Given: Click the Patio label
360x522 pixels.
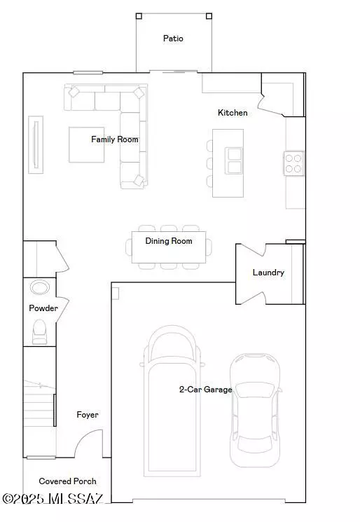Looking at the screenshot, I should pyautogui.click(x=173, y=39).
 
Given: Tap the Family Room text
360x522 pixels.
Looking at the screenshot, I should pyautogui.click(x=115, y=139).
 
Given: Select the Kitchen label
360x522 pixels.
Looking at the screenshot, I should pyautogui.click(x=233, y=113).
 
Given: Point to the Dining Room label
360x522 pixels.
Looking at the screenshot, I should pyautogui.click(x=168, y=241).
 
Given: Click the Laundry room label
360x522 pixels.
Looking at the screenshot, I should pyautogui.click(x=268, y=273).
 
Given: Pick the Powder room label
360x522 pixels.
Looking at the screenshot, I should pyautogui.click(x=43, y=308).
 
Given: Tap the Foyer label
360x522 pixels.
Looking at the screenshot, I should pyautogui.click(x=88, y=415).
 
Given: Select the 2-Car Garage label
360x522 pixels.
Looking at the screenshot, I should pyautogui.click(x=205, y=390).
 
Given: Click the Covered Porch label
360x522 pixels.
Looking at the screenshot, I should pyautogui.click(x=67, y=481).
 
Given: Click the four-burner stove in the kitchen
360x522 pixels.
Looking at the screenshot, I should pyautogui.click(x=294, y=163).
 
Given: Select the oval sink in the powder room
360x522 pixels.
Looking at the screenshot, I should pyautogui.click(x=40, y=288).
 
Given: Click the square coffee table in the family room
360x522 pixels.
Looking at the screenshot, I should pyautogui.click(x=86, y=144).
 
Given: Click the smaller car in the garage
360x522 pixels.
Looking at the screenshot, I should pyautogui.click(x=255, y=410).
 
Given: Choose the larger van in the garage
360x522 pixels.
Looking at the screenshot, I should pyautogui.click(x=172, y=403).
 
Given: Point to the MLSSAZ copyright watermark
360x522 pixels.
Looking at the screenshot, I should pyautogui.click(x=53, y=498).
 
